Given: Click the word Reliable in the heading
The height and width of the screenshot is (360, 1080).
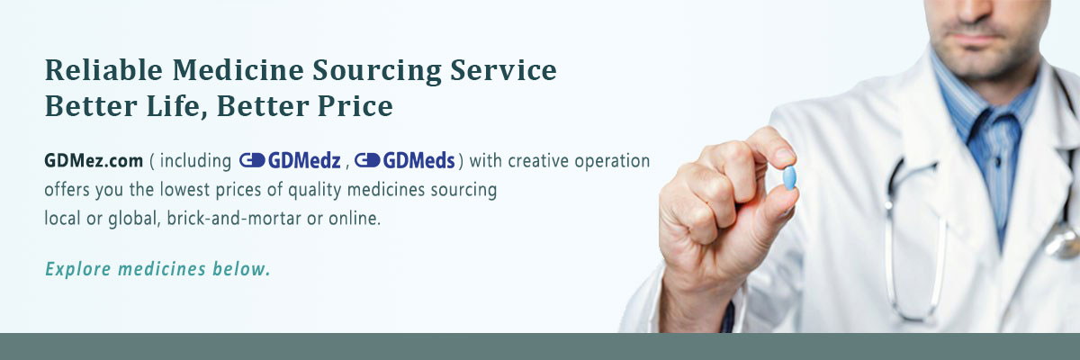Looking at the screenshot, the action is (x=103, y=70).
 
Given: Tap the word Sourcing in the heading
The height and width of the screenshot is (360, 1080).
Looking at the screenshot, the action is (x=377, y=71).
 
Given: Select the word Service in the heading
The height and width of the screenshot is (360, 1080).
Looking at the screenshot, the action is (x=503, y=70).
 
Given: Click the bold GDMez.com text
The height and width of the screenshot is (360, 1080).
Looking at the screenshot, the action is (x=94, y=160).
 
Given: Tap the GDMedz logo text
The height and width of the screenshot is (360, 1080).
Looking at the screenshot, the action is (x=304, y=160).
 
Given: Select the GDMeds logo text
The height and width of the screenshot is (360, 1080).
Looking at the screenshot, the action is (x=419, y=160).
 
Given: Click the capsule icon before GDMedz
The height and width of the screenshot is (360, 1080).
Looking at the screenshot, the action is (x=252, y=160).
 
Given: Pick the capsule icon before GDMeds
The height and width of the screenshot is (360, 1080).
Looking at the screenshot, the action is (x=367, y=160).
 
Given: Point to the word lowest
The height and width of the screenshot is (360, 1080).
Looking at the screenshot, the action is (x=184, y=189).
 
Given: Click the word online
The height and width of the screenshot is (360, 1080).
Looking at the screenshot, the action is (x=355, y=219).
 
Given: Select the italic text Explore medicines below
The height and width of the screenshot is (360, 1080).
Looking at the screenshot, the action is (x=157, y=269).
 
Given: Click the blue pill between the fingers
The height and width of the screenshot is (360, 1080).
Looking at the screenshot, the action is (x=789, y=177).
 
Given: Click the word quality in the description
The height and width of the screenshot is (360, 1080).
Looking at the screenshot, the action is (x=315, y=190).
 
